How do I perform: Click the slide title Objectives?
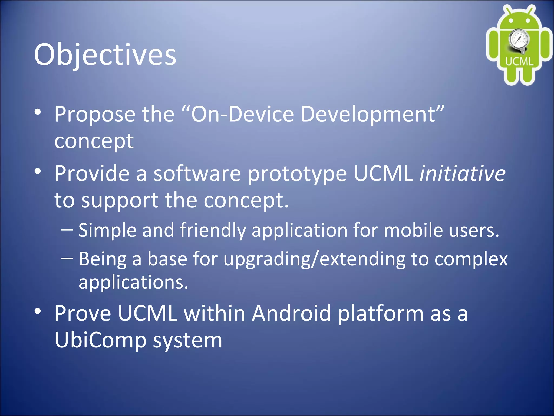[x=105, y=55]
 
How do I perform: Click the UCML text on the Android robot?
[x=519, y=61]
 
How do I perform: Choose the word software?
[x=197, y=173]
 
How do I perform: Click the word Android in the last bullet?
[x=291, y=313]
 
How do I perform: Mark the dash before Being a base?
[x=67, y=258]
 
